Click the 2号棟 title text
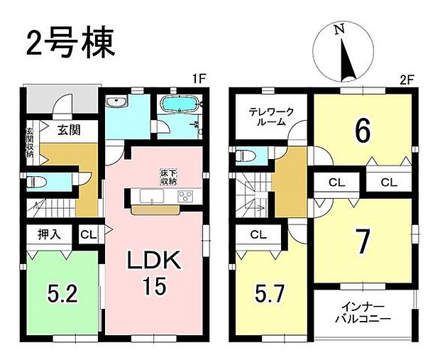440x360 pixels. [x=70, y=44]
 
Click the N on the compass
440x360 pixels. [x=340, y=31]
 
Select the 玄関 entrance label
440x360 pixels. [x=68, y=131]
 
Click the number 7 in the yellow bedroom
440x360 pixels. [x=363, y=243]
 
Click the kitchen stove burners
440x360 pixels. [x=186, y=197]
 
